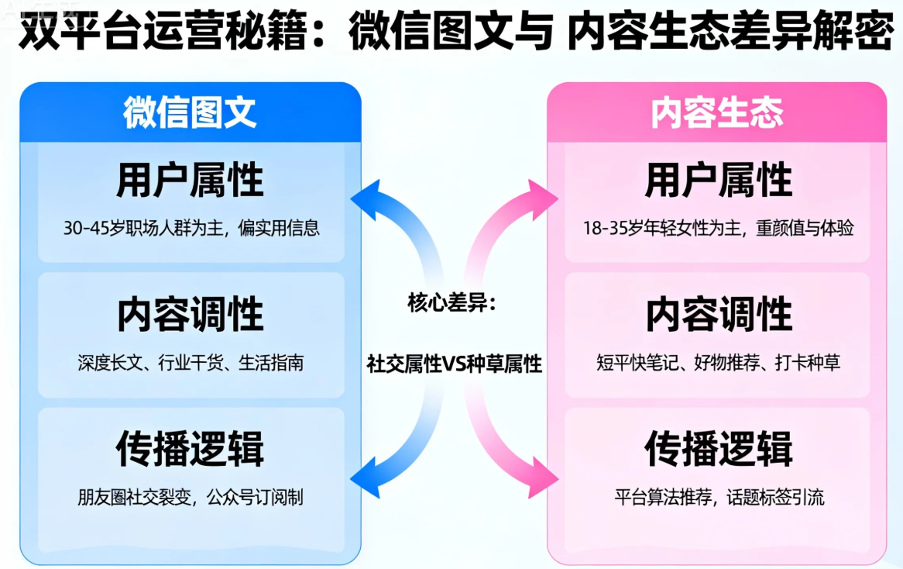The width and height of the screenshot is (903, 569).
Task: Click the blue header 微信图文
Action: tap(190, 112)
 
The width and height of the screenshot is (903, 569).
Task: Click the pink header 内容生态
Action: tap(716, 112)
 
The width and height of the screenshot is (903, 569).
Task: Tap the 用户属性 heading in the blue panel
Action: tap(191, 180)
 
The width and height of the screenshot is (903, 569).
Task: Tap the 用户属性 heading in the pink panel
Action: tap(719, 180)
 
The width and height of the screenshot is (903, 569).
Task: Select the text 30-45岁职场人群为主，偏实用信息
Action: tap(191, 229)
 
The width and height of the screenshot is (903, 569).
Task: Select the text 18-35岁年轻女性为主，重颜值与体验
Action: tap(719, 229)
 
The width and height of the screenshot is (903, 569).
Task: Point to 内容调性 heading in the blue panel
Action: tap(191, 314)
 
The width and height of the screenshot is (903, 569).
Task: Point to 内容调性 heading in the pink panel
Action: tap(719, 314)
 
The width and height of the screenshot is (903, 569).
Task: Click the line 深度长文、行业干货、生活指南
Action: tap(191, 362)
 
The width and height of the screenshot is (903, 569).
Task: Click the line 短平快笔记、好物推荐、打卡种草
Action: tap(719, 362)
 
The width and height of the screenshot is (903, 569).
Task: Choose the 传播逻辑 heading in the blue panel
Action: tap(191, 449)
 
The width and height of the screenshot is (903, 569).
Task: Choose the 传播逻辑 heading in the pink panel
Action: tap(719, 449)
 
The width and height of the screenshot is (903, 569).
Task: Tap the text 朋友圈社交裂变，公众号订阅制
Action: tap(191, 497)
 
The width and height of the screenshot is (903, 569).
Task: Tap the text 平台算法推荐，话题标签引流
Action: tap(719, 497)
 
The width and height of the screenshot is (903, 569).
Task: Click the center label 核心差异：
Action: tap(451, 303)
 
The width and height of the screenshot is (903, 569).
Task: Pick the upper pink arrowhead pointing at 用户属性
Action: tap(540, 198)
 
